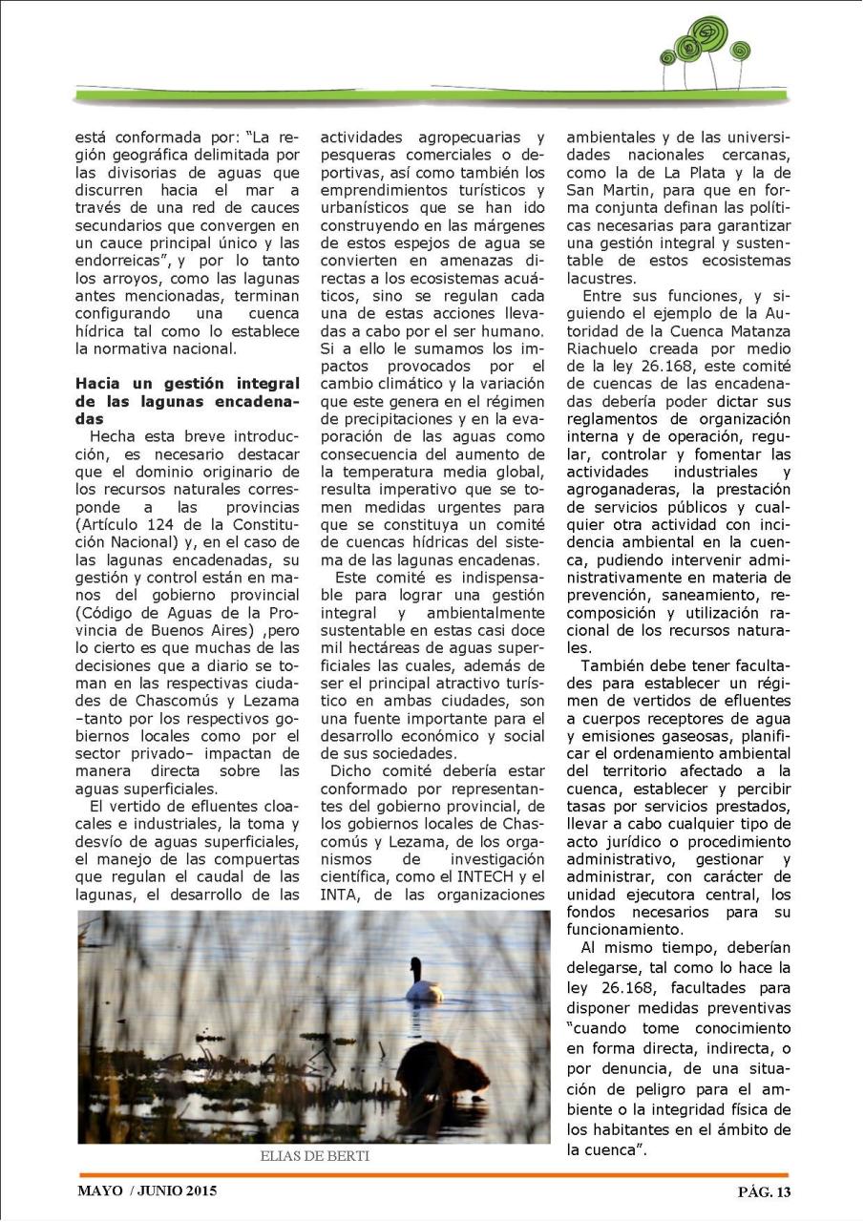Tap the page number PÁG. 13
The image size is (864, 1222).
(x=764, y=1190)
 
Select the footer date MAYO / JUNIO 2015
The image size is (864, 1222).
(x=147, y=1190)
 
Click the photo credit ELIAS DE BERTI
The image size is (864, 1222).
(x=314, y=1156)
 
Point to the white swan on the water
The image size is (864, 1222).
(x=422, y=983)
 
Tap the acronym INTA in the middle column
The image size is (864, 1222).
(x=337, y=895)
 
